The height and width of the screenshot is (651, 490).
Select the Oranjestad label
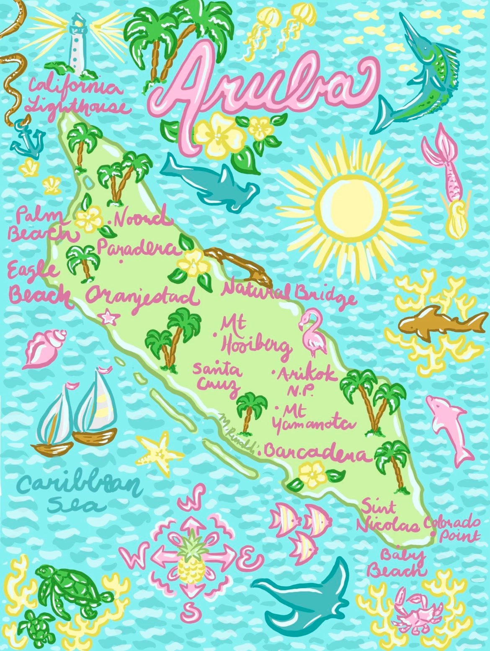[141, 297]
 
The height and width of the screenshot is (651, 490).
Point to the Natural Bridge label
[289, 293]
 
